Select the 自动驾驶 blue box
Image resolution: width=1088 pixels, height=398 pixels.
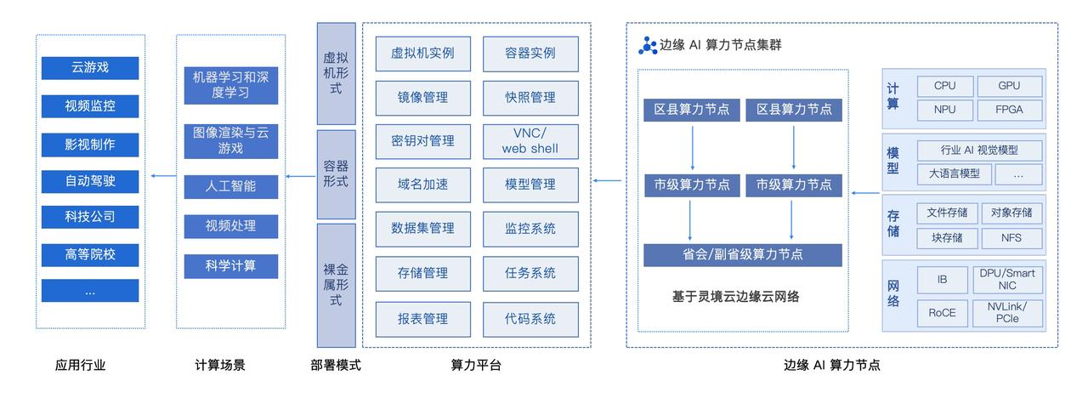coord(90,181)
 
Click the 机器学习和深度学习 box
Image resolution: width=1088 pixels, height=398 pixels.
coord(230,82)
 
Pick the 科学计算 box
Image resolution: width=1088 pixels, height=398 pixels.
coord(230,265)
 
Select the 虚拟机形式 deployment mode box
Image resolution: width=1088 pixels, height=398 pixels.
coord(336,73)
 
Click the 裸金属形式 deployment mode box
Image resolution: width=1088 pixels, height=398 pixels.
coord(336,285)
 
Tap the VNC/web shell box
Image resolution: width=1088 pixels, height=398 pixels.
coord(530,140)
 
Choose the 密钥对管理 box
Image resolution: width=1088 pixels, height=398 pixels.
coord(423,140)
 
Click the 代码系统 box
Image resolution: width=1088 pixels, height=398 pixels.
coord(530,318)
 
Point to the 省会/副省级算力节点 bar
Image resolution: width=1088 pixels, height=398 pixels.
coord(742,254)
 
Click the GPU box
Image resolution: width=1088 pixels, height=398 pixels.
coord(1009,86)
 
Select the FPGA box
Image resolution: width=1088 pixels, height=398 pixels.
coord(1009,110)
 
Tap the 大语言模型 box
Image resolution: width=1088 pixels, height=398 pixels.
coord(948,173)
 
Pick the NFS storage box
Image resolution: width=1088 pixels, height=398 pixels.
coord(1011,237)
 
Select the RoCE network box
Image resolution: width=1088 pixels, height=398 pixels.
coord(942,312)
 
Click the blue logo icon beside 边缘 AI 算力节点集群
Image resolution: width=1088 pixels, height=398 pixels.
coord(648,45)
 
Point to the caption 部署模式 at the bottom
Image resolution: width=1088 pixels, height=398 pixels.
coord(336,366)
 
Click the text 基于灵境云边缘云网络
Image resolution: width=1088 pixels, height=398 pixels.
coord(736,297)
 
